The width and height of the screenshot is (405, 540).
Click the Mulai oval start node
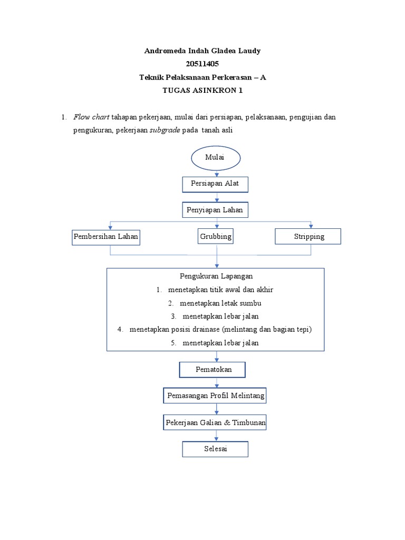(216, 158)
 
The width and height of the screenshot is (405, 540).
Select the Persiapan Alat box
(215, 184)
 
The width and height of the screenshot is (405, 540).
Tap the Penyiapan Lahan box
(215, 210)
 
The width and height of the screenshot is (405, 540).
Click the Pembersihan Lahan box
(105, 237)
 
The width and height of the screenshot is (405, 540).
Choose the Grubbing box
(215, 236)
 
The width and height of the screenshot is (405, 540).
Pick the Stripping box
(308, 236)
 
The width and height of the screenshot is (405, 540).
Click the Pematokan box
(213, 370)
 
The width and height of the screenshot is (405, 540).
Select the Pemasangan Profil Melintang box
(215, 396)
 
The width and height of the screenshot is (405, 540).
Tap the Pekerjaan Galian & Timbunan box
(215, 422)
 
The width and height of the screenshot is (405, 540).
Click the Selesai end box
(215, 449)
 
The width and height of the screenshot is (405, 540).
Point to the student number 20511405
(202, 64)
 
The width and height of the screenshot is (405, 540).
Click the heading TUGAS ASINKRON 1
(202, 90)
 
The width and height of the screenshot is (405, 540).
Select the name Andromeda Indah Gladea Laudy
(202, 51)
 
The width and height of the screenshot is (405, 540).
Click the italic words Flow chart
(91, 117)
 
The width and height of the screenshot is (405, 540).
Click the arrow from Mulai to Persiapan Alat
(216, 173)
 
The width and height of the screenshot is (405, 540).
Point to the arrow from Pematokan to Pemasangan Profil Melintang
(216, 383)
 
